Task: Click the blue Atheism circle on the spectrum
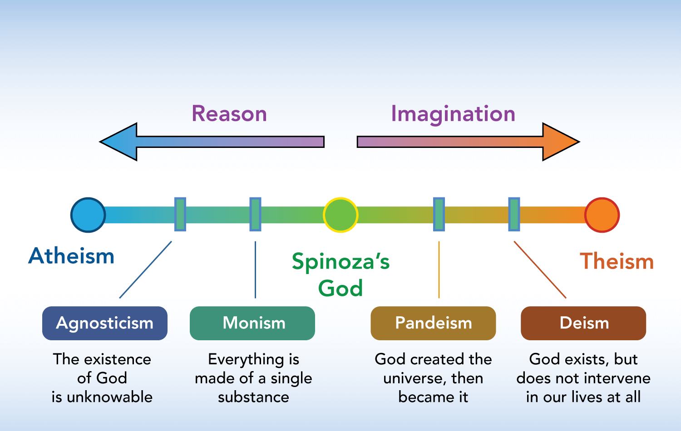pyautogui.click(x=88, y=215)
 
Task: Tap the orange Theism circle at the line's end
pyautogui.click(x=602, y=215)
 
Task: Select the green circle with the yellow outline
pyautogui.click(x=340, y=215)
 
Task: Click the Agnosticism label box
pyautogui.click(x=104, y=323)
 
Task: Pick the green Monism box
pyautogui.click(x=252, y=323)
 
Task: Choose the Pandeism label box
pyautogui.click(x=433, y=323)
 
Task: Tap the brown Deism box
pyautogui.click(x=583, y=323)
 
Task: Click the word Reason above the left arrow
pyautogui.click(x=229, y=113)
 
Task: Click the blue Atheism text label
pyautogui.click(x=71, y=256)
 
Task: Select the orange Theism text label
pyautogui.click(x=617, y=261)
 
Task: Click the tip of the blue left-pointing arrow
pyautogui.click(x=100, y=142)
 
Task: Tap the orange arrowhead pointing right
pyautogui.click(x=561, y=142)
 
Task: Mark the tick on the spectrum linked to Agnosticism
pyautogui.click(x=180, y=214)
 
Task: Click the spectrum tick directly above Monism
pyautogui.click(x=255, y=214)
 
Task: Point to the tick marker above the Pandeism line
pyautogui.click(x=439, y=214)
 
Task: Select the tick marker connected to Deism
pyautogui.click(x=514, y=214)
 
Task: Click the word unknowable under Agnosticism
pyautogui.click(x=109, y=397)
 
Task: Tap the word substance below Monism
pyautogui.click(x=253, y=397)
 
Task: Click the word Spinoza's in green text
pyautogui.click(x=341, y=262)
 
